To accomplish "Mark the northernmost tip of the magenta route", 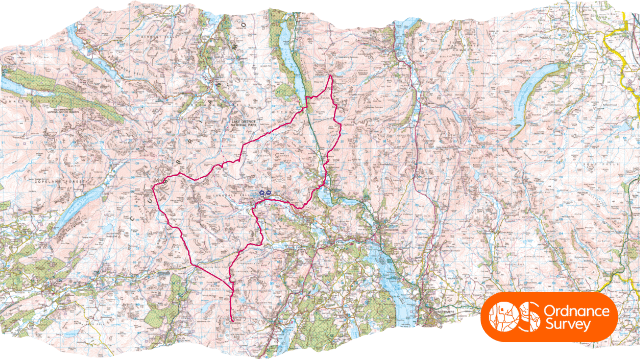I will tap(331, 77).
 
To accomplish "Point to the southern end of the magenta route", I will tap(232, 320).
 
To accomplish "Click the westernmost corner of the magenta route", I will tap(151, 189).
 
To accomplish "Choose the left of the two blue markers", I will tap(261, 193).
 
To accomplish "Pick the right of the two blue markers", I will tap(268, 193).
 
